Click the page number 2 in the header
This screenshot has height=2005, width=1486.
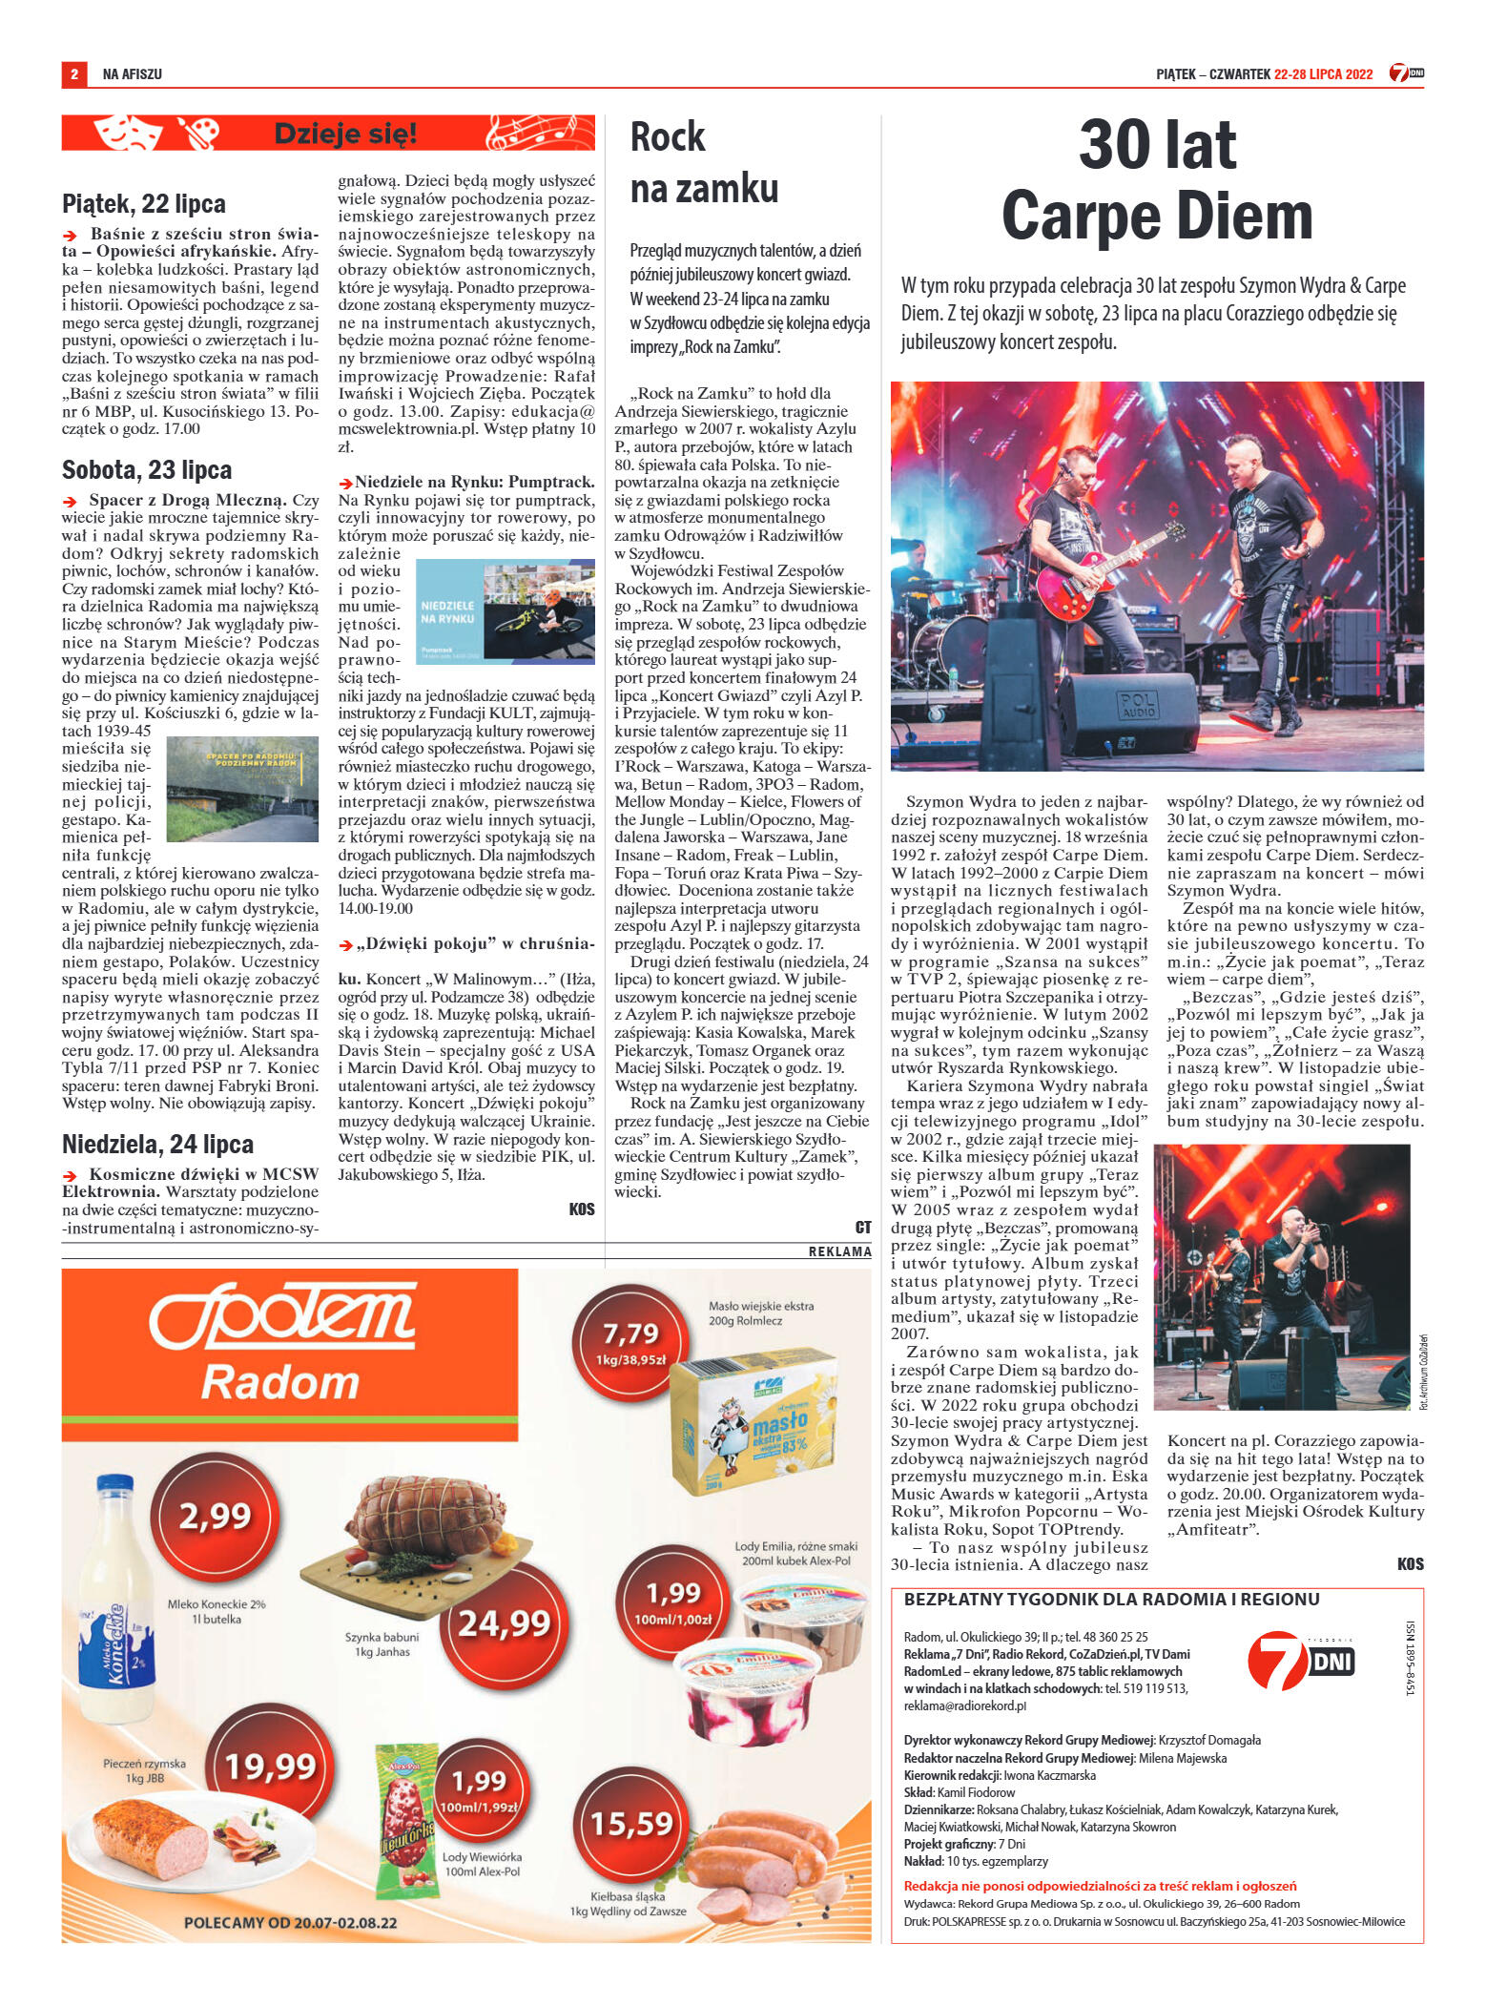tap(73, 73)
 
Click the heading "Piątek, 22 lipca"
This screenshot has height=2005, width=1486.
tap(144, 204)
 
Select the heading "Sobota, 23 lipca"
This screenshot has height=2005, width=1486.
tap(147, 470)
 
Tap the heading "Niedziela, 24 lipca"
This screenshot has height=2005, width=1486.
tap(157, 1145)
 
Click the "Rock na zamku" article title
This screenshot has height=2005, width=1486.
tap(704, 163)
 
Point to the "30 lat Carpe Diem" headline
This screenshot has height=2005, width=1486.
tap(1157, 181)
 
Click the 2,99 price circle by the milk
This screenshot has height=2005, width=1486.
tap(216, 1516)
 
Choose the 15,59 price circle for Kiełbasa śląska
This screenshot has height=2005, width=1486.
tap(630, 1823)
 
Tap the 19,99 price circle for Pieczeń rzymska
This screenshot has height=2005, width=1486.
tap(270, 1767)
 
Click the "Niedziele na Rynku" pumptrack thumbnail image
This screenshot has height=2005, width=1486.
tap(506, 611)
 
